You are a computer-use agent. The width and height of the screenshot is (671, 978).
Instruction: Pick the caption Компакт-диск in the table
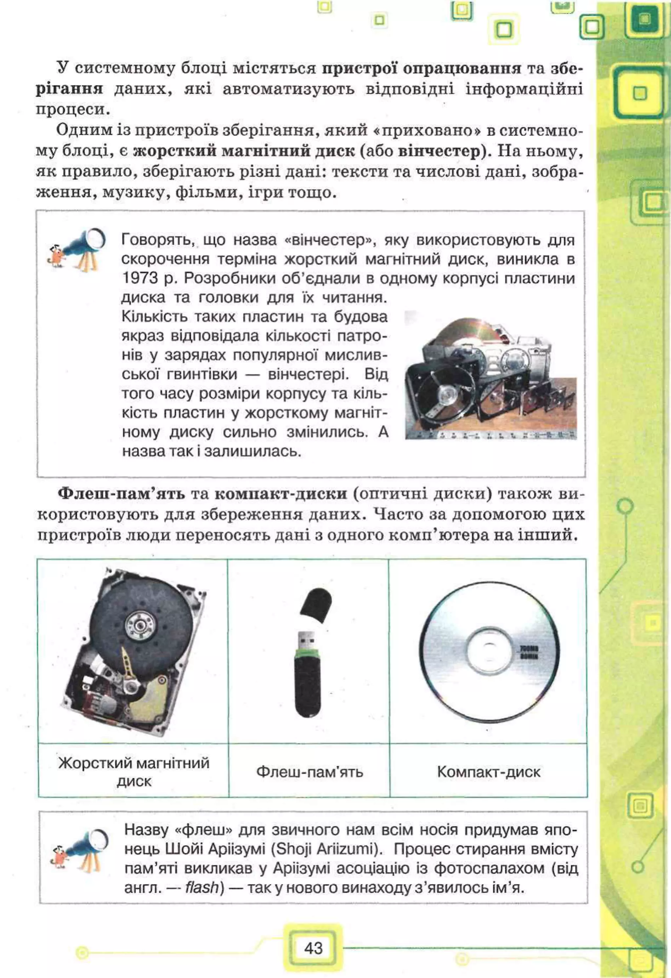pos(489,772)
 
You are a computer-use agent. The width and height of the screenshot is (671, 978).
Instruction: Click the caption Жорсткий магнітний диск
pos(134,772)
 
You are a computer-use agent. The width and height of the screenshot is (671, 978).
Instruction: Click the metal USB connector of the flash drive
pos(307,640)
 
